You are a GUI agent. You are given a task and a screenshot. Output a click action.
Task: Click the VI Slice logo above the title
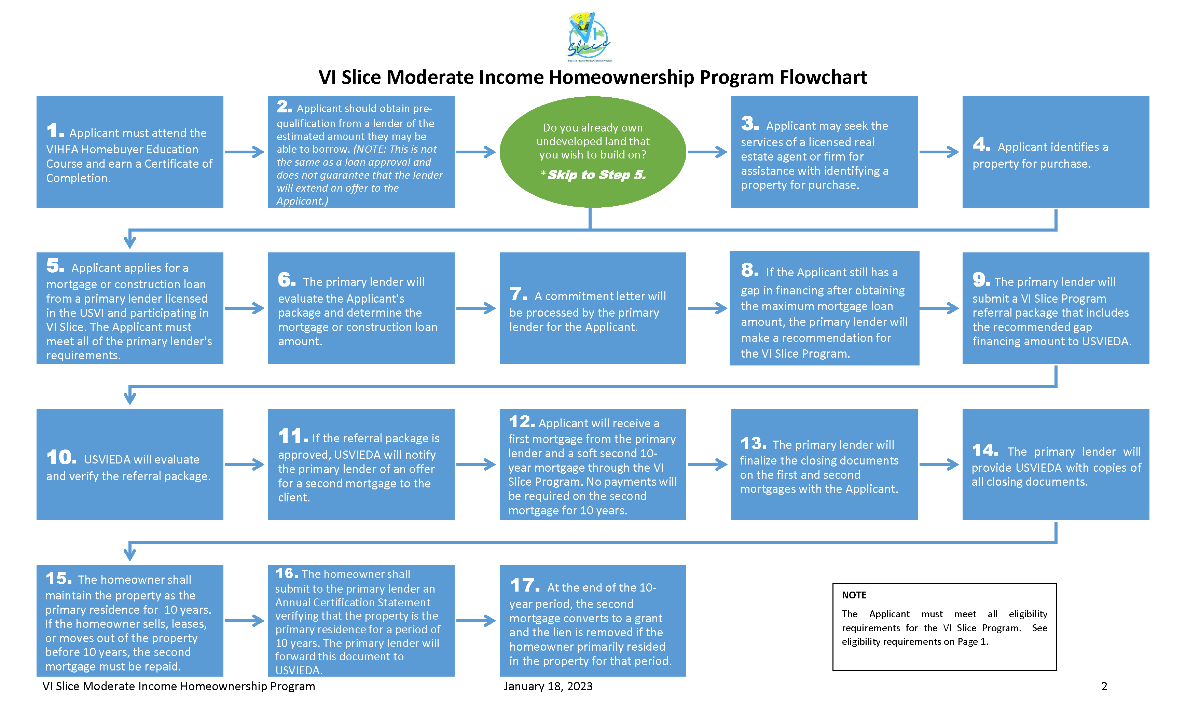click(x=589, y=37)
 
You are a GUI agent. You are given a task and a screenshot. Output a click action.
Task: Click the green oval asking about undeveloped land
click(x=593, y=152)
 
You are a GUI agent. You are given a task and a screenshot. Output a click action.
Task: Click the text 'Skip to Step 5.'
click(x=597, y=175)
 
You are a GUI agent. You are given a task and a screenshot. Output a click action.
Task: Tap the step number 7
click(x=518, y=294)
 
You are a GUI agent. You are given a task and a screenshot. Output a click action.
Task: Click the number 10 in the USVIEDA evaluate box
click(x=61, y=457)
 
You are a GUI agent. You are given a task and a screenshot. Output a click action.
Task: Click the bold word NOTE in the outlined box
click(x=854, y=595)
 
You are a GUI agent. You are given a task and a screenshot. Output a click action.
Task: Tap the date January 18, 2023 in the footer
click(x=548, y=686)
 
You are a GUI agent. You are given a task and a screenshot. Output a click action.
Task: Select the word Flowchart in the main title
click(x=823, y=77)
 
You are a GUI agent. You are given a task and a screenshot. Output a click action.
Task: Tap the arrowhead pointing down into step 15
click(x=129, y=553)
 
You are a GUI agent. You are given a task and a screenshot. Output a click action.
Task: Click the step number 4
click(x=981, y=144)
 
